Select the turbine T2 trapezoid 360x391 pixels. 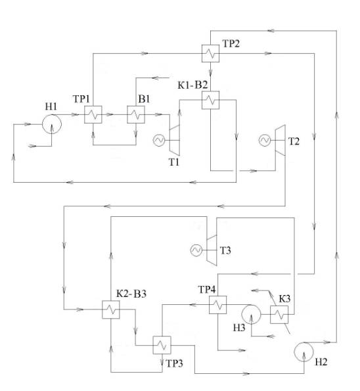tap(281, 141)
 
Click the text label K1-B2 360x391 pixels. tap(192, 85)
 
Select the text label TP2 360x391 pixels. tap(231, 43)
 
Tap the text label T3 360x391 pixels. tap(225, 250)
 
